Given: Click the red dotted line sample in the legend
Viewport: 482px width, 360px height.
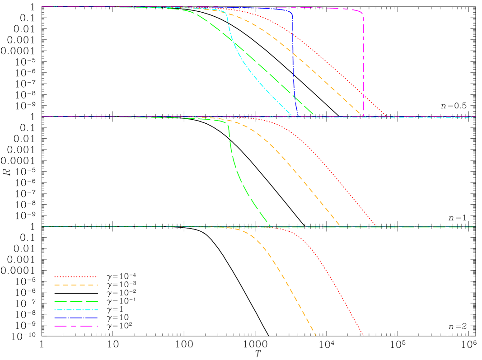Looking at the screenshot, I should click(x=76, y=276).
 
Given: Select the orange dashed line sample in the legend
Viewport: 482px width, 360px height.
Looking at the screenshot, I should click(x=76, y=285).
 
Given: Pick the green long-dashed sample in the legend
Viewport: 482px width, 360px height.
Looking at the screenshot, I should click(x=76, y=301).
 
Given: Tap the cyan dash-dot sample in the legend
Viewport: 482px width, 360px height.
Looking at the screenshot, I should click(x=76, y=310).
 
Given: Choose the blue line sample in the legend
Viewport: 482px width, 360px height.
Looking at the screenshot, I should click(x=76, y=318).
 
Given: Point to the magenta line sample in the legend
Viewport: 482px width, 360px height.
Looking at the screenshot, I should click(x=76, y=326).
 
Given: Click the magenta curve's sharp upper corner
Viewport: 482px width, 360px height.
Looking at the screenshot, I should click(x=362, y=14).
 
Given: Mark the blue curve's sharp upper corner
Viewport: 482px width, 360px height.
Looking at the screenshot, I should click(x=292, y=14).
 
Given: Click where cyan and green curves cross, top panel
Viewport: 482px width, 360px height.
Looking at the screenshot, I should click(x=234, y=42).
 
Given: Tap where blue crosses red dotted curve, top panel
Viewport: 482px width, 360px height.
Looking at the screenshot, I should click(x=293, y=34).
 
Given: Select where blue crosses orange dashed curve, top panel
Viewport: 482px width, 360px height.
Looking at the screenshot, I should click(x=293, y=54).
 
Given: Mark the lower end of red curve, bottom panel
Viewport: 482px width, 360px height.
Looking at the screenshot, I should click(x=363, y=335).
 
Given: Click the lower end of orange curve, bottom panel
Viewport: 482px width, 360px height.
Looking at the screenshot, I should click(x=316, y=336).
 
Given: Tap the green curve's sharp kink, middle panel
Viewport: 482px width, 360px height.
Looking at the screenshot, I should click(x=228, y=125).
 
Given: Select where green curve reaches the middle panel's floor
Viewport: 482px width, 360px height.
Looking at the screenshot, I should click(x=271, y=225).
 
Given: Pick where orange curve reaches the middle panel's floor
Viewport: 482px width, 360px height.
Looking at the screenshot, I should click(x=340, y=225).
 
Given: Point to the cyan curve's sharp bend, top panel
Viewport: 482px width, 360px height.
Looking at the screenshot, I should click(x=226, y=14).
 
